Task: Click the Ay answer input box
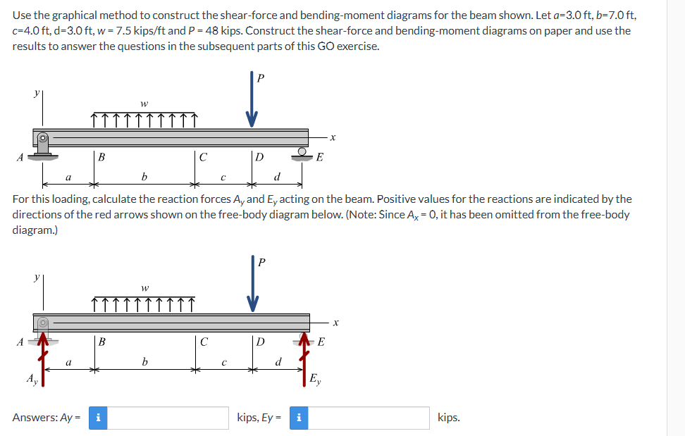click(168, 418)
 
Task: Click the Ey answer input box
click(367, 418)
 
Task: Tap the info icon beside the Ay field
click(97, 418)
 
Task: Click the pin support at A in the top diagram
click(43, 142)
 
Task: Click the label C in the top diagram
click(203, 157)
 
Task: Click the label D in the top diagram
click(259, 157)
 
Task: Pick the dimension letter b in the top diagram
click(144, 175)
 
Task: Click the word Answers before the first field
click(35, 418)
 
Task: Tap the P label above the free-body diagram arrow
click(261, 263)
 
